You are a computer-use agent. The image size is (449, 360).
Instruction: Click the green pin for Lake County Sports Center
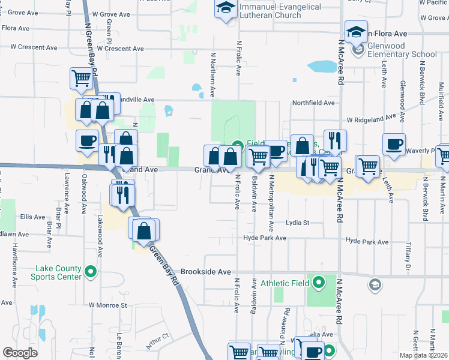[x=91, y=272]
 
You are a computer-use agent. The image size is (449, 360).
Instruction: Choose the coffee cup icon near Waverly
[x=394, y=144]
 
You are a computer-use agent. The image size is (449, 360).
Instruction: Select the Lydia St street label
[x=297, y=223]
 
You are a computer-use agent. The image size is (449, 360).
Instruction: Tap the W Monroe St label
[x=109, y=305]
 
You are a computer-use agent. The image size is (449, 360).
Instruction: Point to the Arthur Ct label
[x=157, y=343]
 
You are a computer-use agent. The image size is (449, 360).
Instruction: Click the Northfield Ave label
[x=313, y=103]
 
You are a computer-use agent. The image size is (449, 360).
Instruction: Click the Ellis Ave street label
[x=32, y=217]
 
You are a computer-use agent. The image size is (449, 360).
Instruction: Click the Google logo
[x=20, y=353]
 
